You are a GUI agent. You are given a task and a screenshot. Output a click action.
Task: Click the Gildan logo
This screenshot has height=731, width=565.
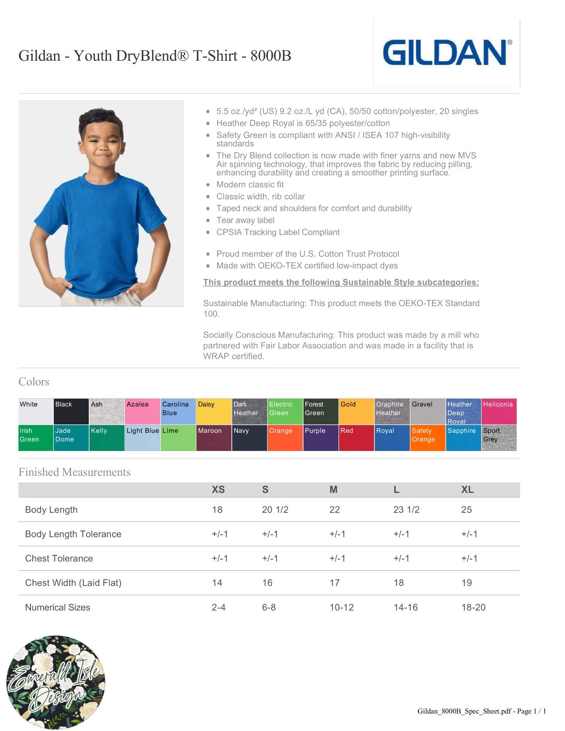(447, 53)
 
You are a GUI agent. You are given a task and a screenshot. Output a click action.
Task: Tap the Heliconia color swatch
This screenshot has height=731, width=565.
(499, 412)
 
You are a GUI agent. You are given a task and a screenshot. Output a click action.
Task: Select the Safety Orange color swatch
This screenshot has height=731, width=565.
(428, 438)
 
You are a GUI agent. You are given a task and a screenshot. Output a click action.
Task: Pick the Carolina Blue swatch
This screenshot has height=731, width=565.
(178, 412)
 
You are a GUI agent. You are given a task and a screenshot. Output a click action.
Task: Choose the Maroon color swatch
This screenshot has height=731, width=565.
(214, 438)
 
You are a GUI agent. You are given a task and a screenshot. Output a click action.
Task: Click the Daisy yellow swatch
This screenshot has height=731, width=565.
(214, 412)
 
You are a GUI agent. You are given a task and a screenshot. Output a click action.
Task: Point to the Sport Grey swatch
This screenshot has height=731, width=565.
(499, 438)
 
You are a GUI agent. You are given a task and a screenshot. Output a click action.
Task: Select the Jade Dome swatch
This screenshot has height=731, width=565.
(71, 438)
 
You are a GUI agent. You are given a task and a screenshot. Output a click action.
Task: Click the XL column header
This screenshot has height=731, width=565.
(467, 490)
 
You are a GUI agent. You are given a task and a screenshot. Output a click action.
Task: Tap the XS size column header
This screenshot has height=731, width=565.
(218, 490)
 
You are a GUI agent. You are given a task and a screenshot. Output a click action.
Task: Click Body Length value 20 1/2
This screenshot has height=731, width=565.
(275, 510)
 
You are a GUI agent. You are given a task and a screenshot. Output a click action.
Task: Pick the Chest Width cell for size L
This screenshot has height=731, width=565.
(398, 583)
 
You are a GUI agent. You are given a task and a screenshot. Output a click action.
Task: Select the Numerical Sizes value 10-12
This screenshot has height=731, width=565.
(341, 607)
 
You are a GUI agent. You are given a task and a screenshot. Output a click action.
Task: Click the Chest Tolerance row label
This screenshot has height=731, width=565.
(59, 559)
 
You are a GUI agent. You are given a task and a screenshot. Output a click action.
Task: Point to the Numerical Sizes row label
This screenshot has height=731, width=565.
(58, 607)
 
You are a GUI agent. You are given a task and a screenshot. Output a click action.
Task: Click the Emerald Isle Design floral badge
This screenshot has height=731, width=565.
(56, 682)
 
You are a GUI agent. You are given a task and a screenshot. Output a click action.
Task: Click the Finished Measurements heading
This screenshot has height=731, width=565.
(74, 472)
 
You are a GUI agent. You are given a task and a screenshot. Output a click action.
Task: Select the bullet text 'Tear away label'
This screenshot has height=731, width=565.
(245, 220)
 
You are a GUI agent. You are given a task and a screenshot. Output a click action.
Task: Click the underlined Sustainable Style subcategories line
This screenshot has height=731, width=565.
(341, 282)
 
